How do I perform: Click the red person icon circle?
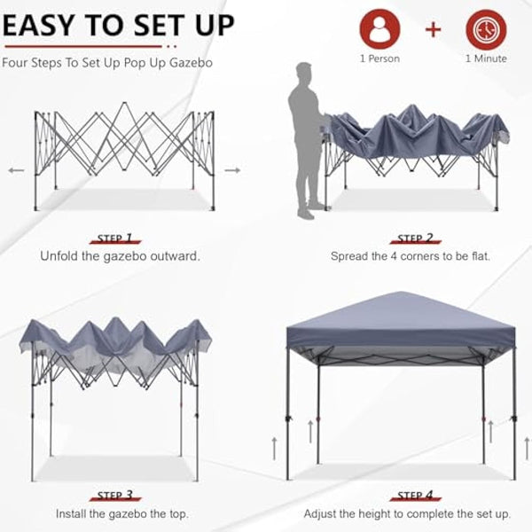pos(379,29)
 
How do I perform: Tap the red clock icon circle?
pos(485,29)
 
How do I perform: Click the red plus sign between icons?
pos(433,29)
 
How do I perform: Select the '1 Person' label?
pos(379,59)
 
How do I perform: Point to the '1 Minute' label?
pos(485,59)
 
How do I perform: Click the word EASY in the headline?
pos(43,24)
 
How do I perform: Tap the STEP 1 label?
pos(116,239)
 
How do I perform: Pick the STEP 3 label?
pos(116,496)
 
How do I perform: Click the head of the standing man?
pos(305,74)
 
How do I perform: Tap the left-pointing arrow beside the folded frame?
pos(16,169)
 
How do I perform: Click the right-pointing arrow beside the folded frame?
pos(231,169)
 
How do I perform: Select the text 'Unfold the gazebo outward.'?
pos(120,256)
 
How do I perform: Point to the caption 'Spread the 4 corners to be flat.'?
pos(411,256)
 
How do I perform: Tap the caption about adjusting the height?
pos(407,513)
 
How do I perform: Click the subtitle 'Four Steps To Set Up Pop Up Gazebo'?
pos(107,63)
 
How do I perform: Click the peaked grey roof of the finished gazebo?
pos(401,314)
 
